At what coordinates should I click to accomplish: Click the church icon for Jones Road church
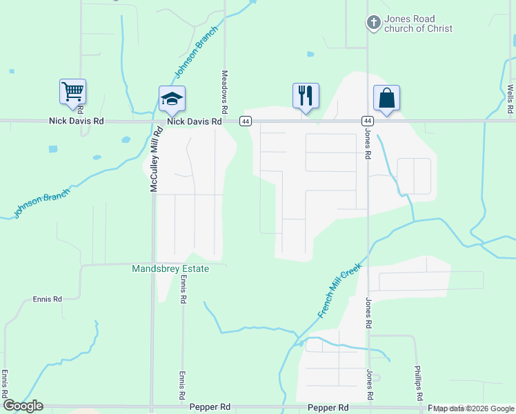point(373,23)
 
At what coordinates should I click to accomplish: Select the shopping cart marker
point(72,92)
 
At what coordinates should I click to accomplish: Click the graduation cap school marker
point(172,99)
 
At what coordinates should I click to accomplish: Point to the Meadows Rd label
point(224,92)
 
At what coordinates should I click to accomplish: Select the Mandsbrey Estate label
point(170,268)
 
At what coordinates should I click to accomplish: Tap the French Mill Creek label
point(340,289)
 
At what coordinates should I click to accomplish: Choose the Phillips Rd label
point(418,383)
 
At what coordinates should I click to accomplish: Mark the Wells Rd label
point(510,99)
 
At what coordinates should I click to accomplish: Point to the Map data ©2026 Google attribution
point(473,408)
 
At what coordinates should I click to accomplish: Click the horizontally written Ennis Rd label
point(48,299)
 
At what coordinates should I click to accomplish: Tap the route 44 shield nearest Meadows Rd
point(246,121)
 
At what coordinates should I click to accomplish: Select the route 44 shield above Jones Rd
point(367,121)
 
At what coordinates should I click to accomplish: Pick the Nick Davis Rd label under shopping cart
point(76,121)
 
